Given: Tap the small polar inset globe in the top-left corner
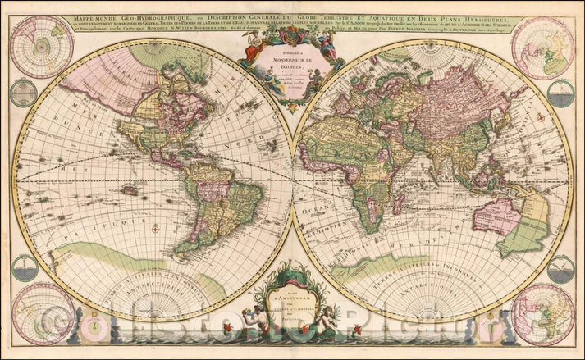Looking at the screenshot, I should [41, 47].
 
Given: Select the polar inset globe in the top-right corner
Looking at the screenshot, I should [543, 47].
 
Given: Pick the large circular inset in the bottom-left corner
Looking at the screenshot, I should [43, 313].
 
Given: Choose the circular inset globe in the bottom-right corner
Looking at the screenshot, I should [543, 313].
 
